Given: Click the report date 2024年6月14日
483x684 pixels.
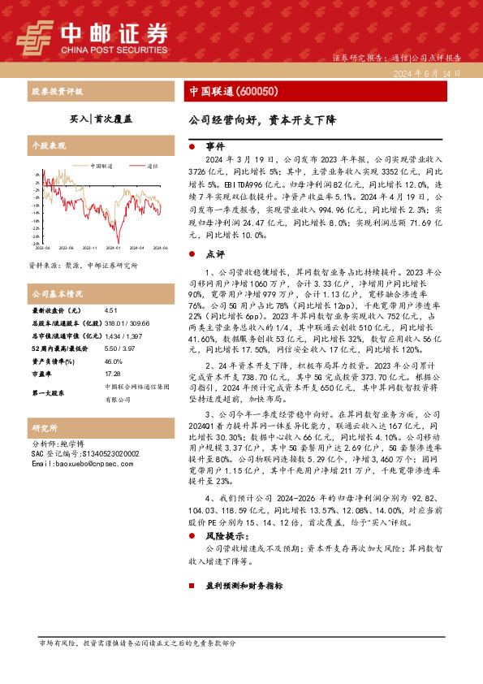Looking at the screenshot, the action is point(430,73).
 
